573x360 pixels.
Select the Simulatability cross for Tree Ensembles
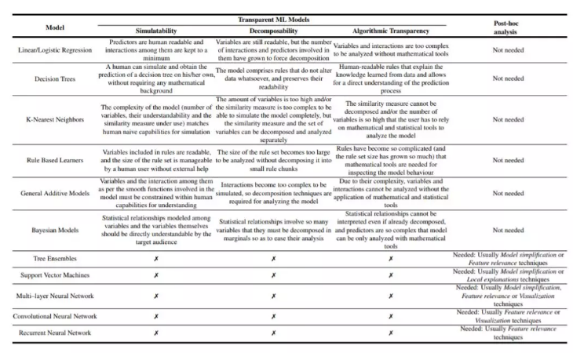point(155,257)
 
